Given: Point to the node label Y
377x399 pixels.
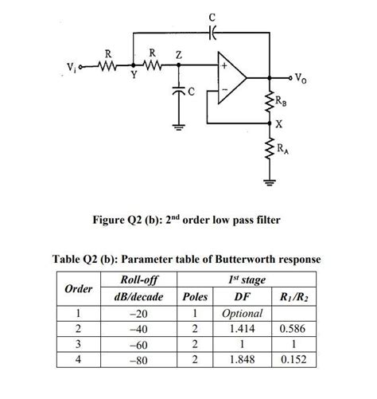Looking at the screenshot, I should click(133, 76).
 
